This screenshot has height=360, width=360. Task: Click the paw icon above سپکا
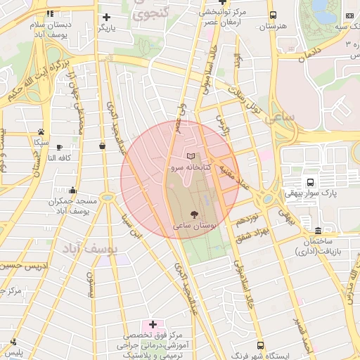[41, 131]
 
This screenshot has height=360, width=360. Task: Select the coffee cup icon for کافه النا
[59, 147]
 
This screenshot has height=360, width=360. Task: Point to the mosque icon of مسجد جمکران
[72, 190]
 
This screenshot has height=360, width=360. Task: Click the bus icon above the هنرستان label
[273, 14]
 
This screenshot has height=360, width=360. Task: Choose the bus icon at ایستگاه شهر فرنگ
[261, 346]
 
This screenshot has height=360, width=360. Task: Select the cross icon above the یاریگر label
[106, 17]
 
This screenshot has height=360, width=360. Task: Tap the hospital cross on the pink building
[153, 325]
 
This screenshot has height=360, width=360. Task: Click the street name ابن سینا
[133, 224]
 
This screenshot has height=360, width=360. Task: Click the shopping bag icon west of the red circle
[103, 146]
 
